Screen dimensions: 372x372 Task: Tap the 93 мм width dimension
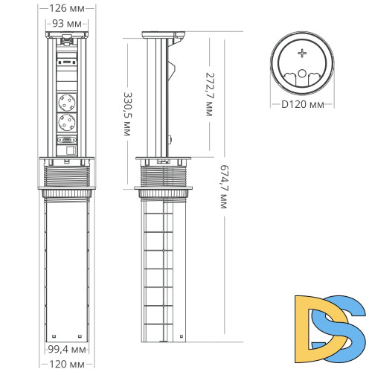(68, 24)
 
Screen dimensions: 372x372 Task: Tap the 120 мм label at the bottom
(66, 365)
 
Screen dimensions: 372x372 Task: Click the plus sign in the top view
(302, 54)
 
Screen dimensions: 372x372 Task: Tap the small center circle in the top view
(302, 73)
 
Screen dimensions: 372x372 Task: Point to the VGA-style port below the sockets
(68, 139)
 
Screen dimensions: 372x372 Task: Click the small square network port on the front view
(68, 151)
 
